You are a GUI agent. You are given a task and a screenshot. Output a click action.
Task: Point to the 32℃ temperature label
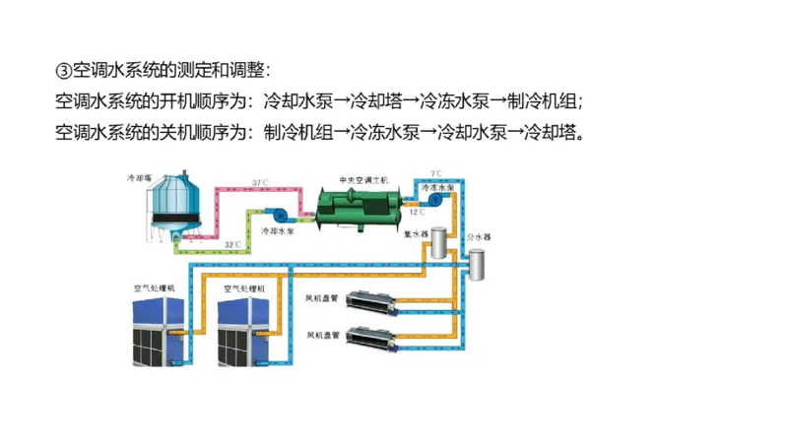pyautogui.click(x=232, y=244)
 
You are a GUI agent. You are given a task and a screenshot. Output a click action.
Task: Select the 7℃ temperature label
pyautogui.click(x=435, y=173)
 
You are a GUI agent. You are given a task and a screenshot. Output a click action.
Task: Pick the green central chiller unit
pyautogui.click(x=358, y=207)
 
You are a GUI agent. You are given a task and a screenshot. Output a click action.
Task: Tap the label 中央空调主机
pyautogui.click(x=363, y=180)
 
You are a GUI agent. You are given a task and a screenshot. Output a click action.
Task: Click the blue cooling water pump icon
pyautogui.click(x=279, y=213)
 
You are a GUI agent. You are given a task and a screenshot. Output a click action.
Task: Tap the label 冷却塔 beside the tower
pyautogui.click(x=139, y=178)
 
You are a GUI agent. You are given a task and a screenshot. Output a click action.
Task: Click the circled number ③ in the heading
pyautogui.click(x=63, y=71)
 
